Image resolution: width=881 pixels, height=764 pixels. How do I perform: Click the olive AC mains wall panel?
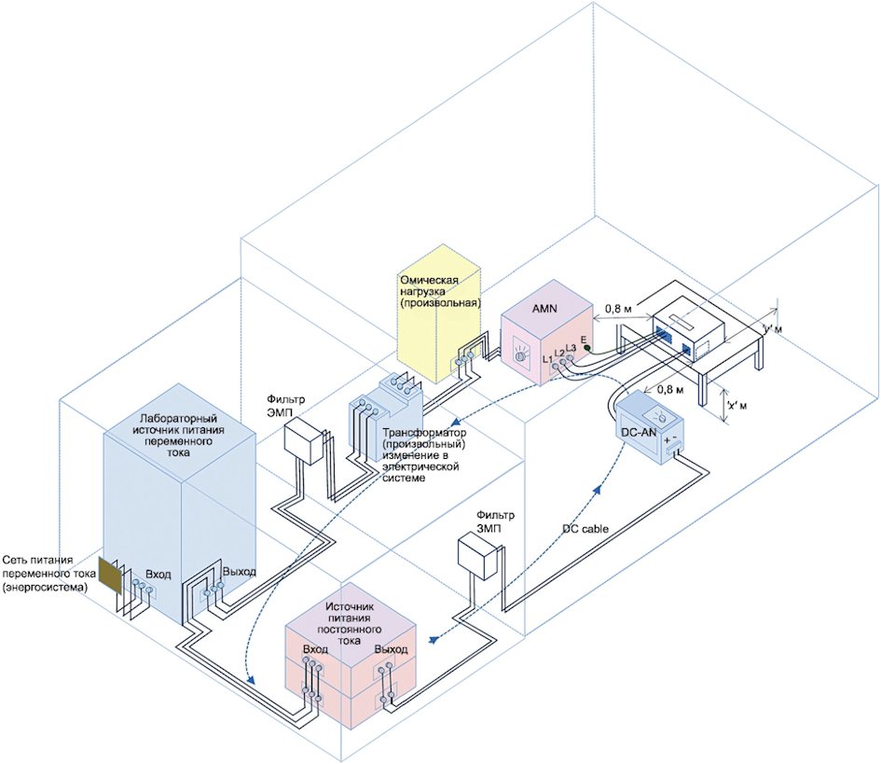pyautogui.click(x=111, y=577)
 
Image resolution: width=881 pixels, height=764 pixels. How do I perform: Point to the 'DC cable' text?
pyautogui.click(x=585, y=528)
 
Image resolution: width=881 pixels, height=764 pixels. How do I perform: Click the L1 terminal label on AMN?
pyautogui.click(x=547, y=358)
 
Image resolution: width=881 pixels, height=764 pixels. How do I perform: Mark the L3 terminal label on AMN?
pyautogui.click(x=571, y=348)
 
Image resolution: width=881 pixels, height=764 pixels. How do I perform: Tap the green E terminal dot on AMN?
pyautogui.click(x=586, y=348)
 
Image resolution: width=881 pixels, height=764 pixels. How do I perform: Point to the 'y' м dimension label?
pyautogui.click(x=770, y=329)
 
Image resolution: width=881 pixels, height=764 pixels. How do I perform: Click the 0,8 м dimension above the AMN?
pyautogui.click(x=620, y=307)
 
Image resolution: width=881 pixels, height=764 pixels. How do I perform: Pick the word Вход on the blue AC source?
pyautogui.click(x=158, y=574)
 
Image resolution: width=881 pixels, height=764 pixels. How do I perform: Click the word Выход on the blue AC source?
pyautogui.click(x=239, y=572)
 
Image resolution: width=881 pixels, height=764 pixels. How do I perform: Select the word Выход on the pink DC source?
pyautogui.click(x=391, y=649)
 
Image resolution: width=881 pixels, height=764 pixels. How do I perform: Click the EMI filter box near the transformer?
pyautogui.click(x=303, y=440)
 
